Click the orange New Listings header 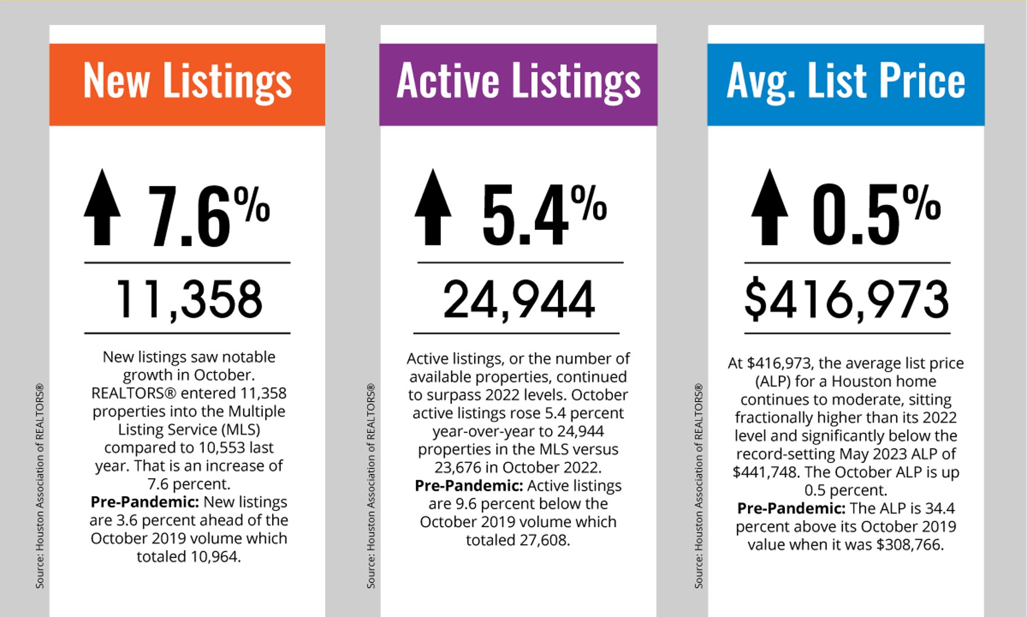click(187, 84)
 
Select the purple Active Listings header click(518, 84)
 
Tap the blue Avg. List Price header click(846, 84)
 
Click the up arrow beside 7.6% click(103, 207)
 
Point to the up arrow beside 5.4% click(433, 207)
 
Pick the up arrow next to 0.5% click(770, 207)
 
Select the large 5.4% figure click(544, 213)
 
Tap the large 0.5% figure click(876, 213)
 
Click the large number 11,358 click(189, 299)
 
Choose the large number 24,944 click(518, 299)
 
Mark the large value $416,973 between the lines click(846, 299)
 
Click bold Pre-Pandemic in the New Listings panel click(144, 502)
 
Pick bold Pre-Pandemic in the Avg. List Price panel click(790, 509)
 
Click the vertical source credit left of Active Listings click(370, 485)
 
